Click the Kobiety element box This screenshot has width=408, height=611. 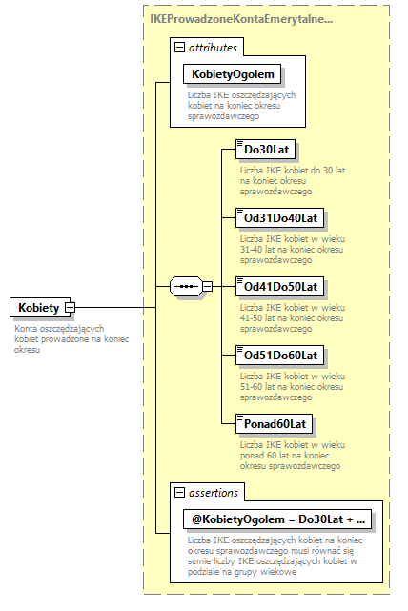[38, 308]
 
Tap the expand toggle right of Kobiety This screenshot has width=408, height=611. [70, 308]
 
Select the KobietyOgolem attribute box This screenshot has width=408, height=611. [234, 74]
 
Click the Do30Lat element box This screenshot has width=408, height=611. [267, 150]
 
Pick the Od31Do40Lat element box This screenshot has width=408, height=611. [281, 217]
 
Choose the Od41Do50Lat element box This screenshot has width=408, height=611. [281, 285]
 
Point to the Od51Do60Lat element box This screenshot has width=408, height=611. [281, 355]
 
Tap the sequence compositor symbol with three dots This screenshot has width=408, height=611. [188, 286]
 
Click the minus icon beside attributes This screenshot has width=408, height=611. [178, 47]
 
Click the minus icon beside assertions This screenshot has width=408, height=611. [178, 492]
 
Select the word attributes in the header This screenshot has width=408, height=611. [213, 47]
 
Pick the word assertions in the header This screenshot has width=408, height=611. [213, 492]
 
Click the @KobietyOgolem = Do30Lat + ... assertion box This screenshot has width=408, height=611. [279, 519]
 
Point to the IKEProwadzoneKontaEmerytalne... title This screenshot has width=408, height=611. [241, 18]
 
